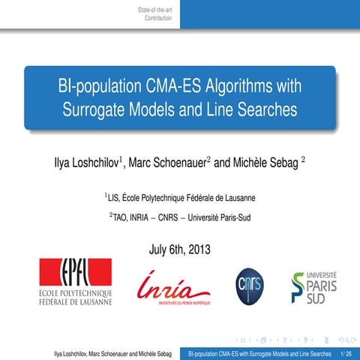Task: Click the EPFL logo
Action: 75,282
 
